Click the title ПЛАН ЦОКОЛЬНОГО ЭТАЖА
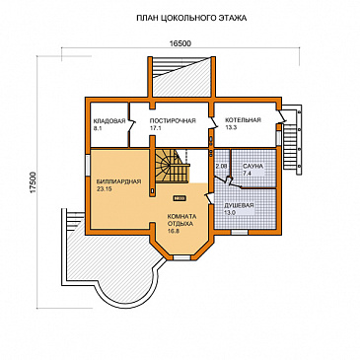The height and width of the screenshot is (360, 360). pos(191,18)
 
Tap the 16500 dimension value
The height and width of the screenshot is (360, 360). pos(180,43)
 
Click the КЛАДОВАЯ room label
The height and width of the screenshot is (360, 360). pos(109,120)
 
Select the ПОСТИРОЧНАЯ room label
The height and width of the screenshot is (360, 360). pos(173,120)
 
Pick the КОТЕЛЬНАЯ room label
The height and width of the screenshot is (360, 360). pos(243,120)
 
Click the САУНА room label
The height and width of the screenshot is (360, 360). pos(252,167)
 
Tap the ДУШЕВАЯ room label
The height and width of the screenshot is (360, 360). pos(239,205)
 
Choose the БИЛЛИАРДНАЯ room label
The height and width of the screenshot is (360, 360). pos(118,181)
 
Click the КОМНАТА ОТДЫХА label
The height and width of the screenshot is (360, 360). pos(181,220)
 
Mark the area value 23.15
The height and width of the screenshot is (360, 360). pos(105,189)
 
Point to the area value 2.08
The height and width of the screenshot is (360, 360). pos(222,167)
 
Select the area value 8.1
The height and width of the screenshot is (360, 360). pos(98,129)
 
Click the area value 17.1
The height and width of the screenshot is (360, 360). pos(155,128)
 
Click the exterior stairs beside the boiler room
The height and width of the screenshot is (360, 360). pos(292,140)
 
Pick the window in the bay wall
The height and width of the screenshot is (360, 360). pos(181,258)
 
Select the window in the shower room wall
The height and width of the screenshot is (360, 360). pos(239,233)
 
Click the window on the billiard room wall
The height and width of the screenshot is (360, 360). pos(88,166)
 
